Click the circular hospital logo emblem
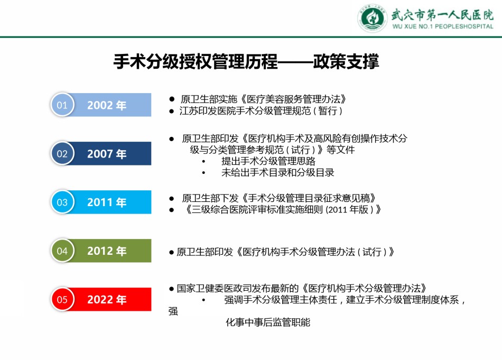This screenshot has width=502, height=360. tap(373, 18)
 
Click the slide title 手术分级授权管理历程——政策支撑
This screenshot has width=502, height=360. tap(246, 61)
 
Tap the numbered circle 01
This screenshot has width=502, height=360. tap(62, 105)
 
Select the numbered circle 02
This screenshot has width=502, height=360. tap(62, 153)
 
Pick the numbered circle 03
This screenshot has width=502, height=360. tap(62, 202)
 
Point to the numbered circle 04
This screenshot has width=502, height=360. tap(62, 251)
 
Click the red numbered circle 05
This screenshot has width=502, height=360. tap(62, 299)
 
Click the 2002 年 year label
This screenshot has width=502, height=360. tap(107, 105)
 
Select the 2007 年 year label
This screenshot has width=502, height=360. tap(107, 154)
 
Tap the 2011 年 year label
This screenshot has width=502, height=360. tap(107, 202)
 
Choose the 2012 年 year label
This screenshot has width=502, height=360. tap(107, 251)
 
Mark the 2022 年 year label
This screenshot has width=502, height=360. tap(107, 300)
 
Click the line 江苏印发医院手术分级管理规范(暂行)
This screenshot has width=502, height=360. tap(261, 111)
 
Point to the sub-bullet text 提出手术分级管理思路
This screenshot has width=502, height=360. tap(268, 161)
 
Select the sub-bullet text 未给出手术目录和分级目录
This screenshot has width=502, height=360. tap(277, 173)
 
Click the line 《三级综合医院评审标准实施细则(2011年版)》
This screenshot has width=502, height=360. tap(282, 210)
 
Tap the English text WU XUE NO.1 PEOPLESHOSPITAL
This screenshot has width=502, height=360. tap(443, 26)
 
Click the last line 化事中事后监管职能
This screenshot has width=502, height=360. tap(268, 322)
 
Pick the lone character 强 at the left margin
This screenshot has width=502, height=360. tap(173, 311)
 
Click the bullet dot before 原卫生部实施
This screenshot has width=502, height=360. tap(172, 99)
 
